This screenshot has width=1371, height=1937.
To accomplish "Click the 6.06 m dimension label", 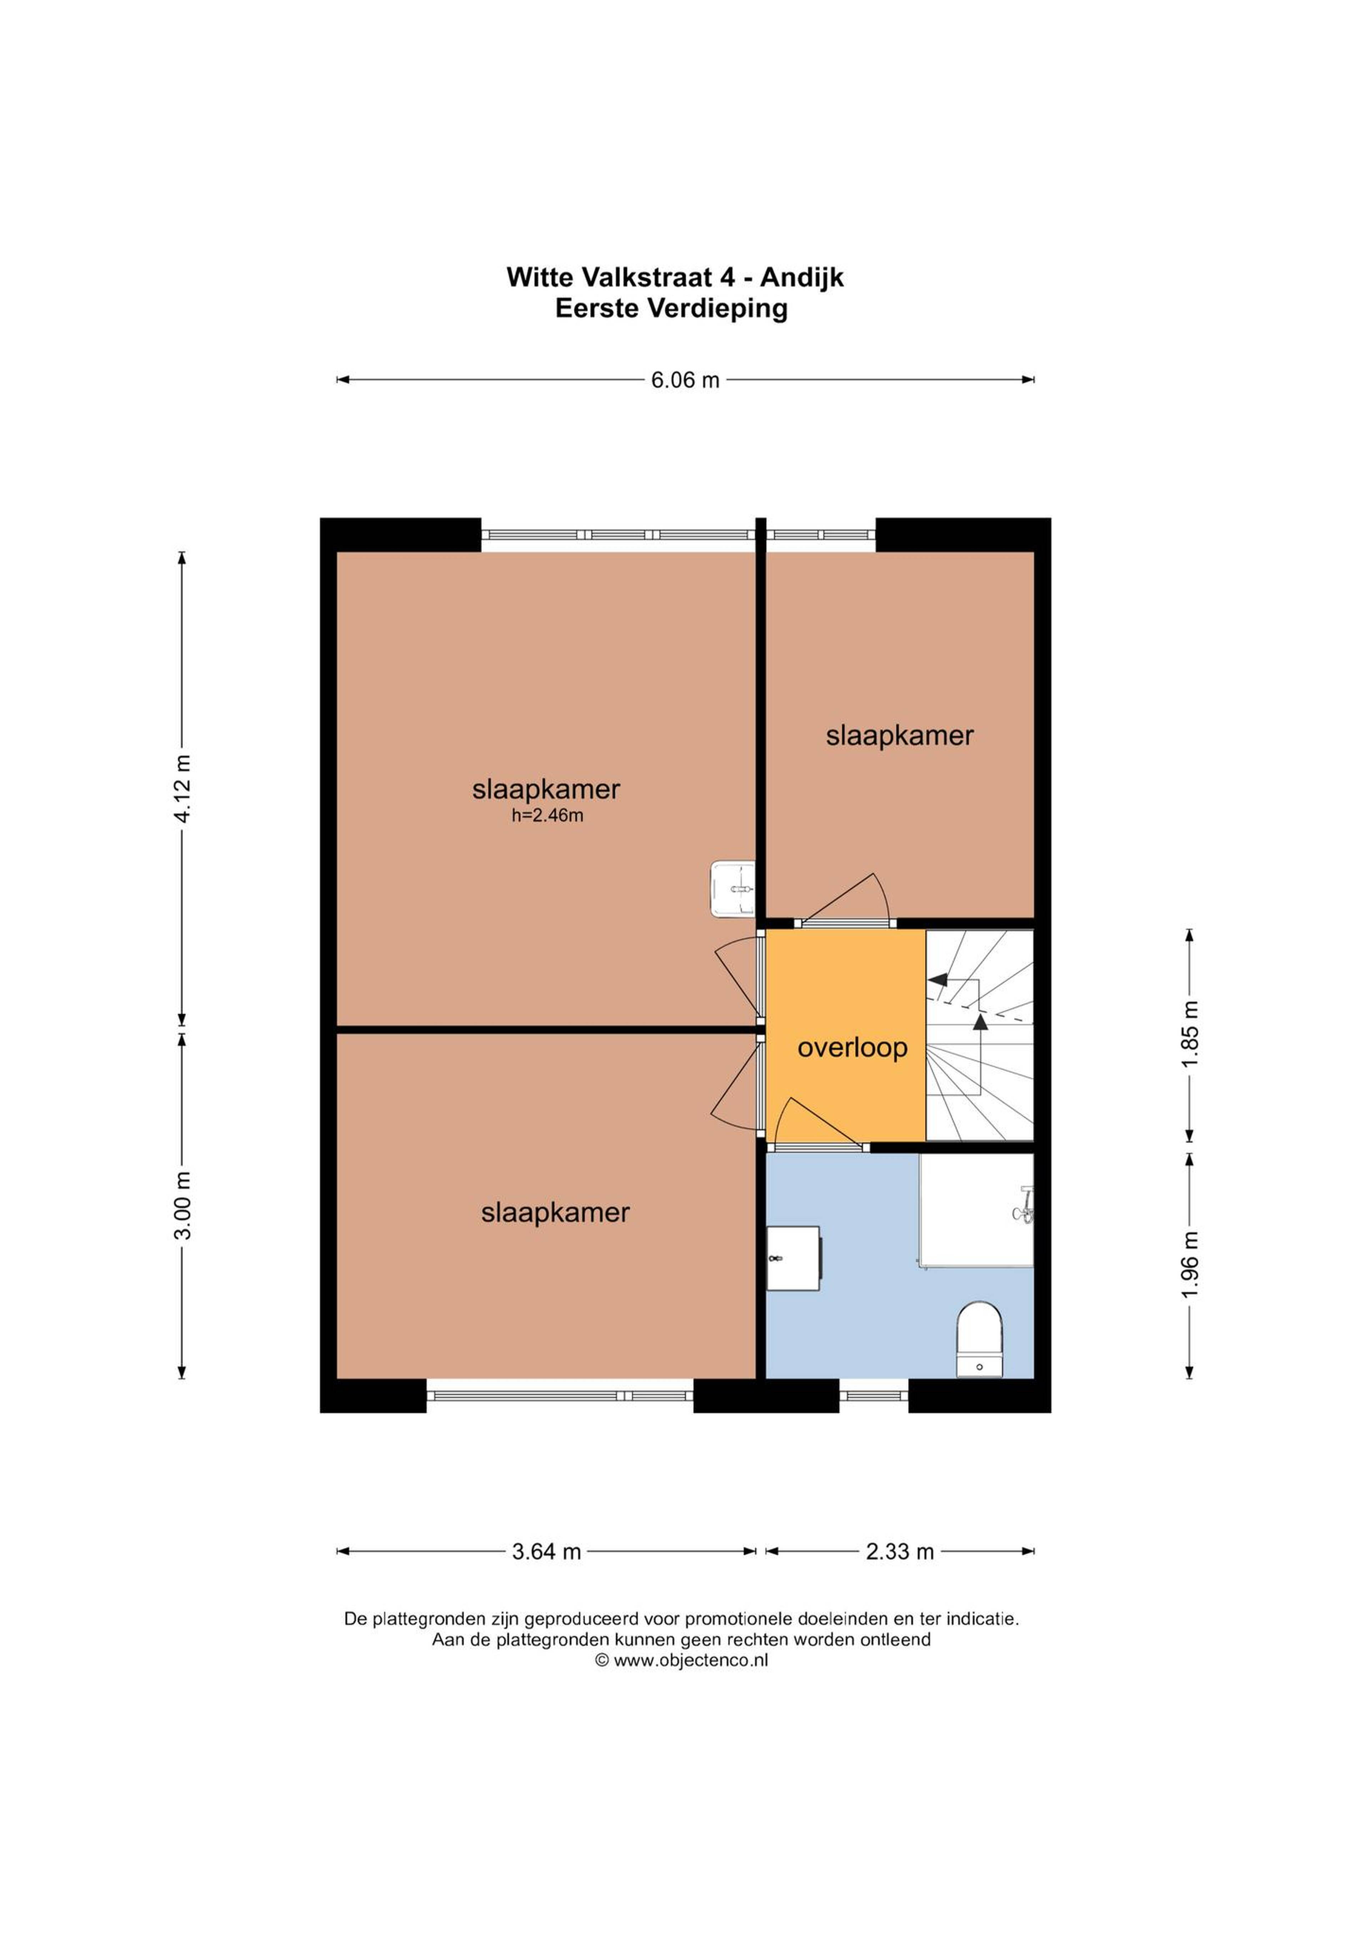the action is tap(685, 380).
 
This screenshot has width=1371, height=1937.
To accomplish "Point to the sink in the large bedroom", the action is tap(732, 889).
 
